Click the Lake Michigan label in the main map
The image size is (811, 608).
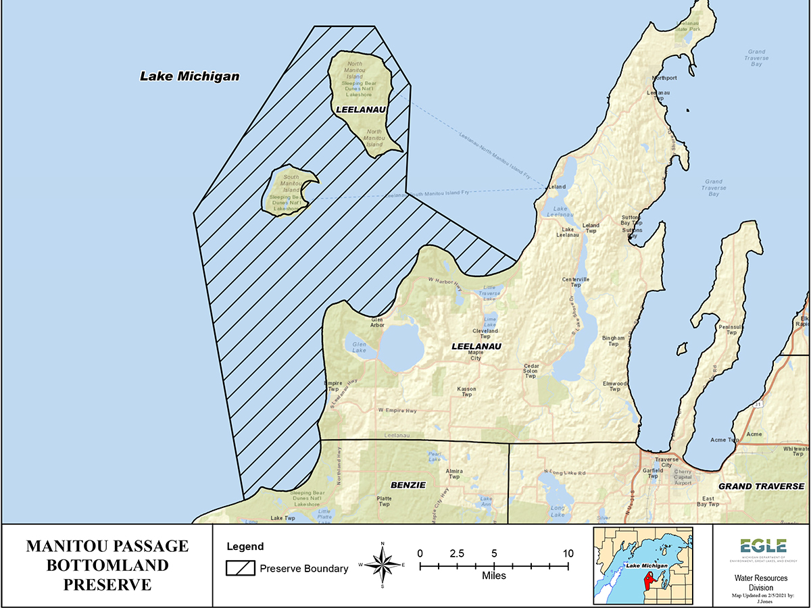point(190,76)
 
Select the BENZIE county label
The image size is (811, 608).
point(408,485)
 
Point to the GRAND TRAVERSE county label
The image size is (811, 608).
point(761,486)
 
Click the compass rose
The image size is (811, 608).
point(383,565)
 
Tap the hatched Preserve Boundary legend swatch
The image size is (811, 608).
point(240,568)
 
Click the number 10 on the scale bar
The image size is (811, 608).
point(568,553)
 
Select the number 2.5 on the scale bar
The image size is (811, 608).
point(457,553)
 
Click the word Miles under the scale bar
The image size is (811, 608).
point(493,576)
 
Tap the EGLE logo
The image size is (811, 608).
point(762,547)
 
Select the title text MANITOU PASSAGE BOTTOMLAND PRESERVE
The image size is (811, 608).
point(107,565)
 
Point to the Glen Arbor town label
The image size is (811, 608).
point(377,322)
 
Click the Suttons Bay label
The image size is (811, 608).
point(631,230)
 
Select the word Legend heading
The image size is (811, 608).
point(245,547)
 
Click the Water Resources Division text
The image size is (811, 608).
point(760,582)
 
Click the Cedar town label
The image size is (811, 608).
point(531,367)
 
